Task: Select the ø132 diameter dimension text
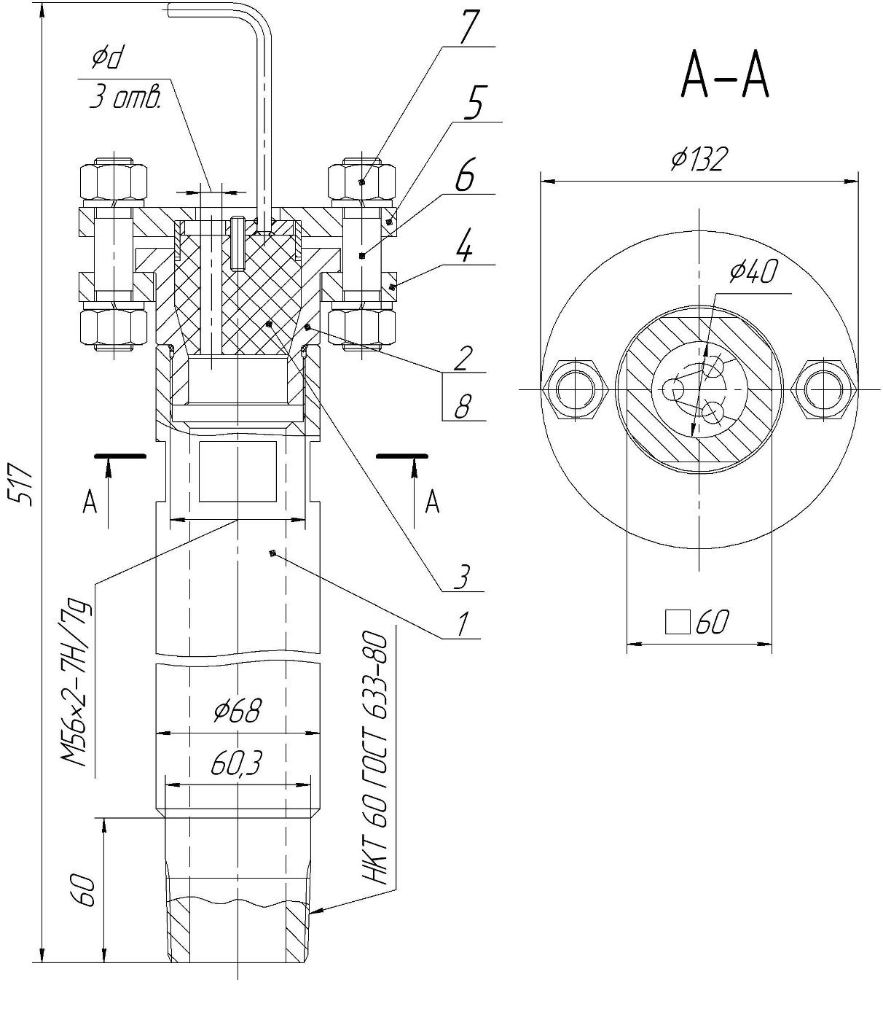[699, 160]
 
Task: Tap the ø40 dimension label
[753, 272]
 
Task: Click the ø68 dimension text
[238, 711]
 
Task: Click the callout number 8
[461, 407]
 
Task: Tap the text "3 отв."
[125, 98]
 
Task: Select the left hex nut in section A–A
[576, 389]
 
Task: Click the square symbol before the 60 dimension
[678, 622]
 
